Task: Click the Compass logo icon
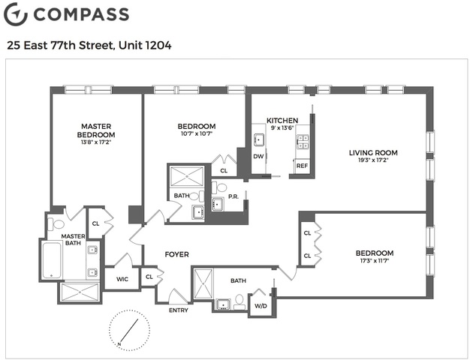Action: [16, 13]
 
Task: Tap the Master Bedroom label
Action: [96, 130]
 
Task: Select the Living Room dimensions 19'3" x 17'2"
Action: [373, 160]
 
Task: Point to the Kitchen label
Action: [282, 121]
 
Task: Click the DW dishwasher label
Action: [258, 156]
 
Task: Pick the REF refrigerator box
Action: [302, 166]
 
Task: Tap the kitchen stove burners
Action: [303, 142]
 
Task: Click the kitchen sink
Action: [259, 139]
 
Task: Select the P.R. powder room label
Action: [233, 196]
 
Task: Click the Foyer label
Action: [177, 254]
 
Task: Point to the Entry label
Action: [179, 310]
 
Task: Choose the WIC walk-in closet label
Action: [122, 279]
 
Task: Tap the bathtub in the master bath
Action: [52, 260]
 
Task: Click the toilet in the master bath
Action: [56, 224]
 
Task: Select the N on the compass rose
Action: [119, 343]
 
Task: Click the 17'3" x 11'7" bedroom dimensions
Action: [375, 260]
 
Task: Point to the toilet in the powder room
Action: [220, 187]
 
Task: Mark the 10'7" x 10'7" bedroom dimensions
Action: [196, 133]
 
